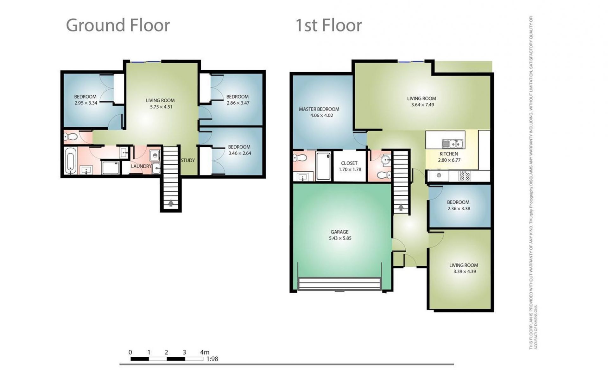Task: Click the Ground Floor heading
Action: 118,25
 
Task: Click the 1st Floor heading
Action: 328,25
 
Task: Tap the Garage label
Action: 339,232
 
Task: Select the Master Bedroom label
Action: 319,109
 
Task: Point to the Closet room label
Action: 349,163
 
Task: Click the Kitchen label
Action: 449,154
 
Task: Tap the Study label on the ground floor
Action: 188,160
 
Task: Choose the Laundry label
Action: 141,166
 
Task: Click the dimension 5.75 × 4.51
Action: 161,107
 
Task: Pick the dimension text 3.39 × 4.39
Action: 465,271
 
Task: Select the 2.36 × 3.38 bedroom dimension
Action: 459,208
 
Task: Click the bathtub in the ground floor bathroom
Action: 70,162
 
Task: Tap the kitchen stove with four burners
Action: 465,176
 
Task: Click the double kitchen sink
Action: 453,144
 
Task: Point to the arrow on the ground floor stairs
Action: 171,203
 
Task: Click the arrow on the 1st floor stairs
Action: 401,207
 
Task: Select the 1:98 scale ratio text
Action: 212,359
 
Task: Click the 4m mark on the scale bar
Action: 205,352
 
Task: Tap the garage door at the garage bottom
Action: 339,284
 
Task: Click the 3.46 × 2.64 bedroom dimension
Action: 240,153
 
